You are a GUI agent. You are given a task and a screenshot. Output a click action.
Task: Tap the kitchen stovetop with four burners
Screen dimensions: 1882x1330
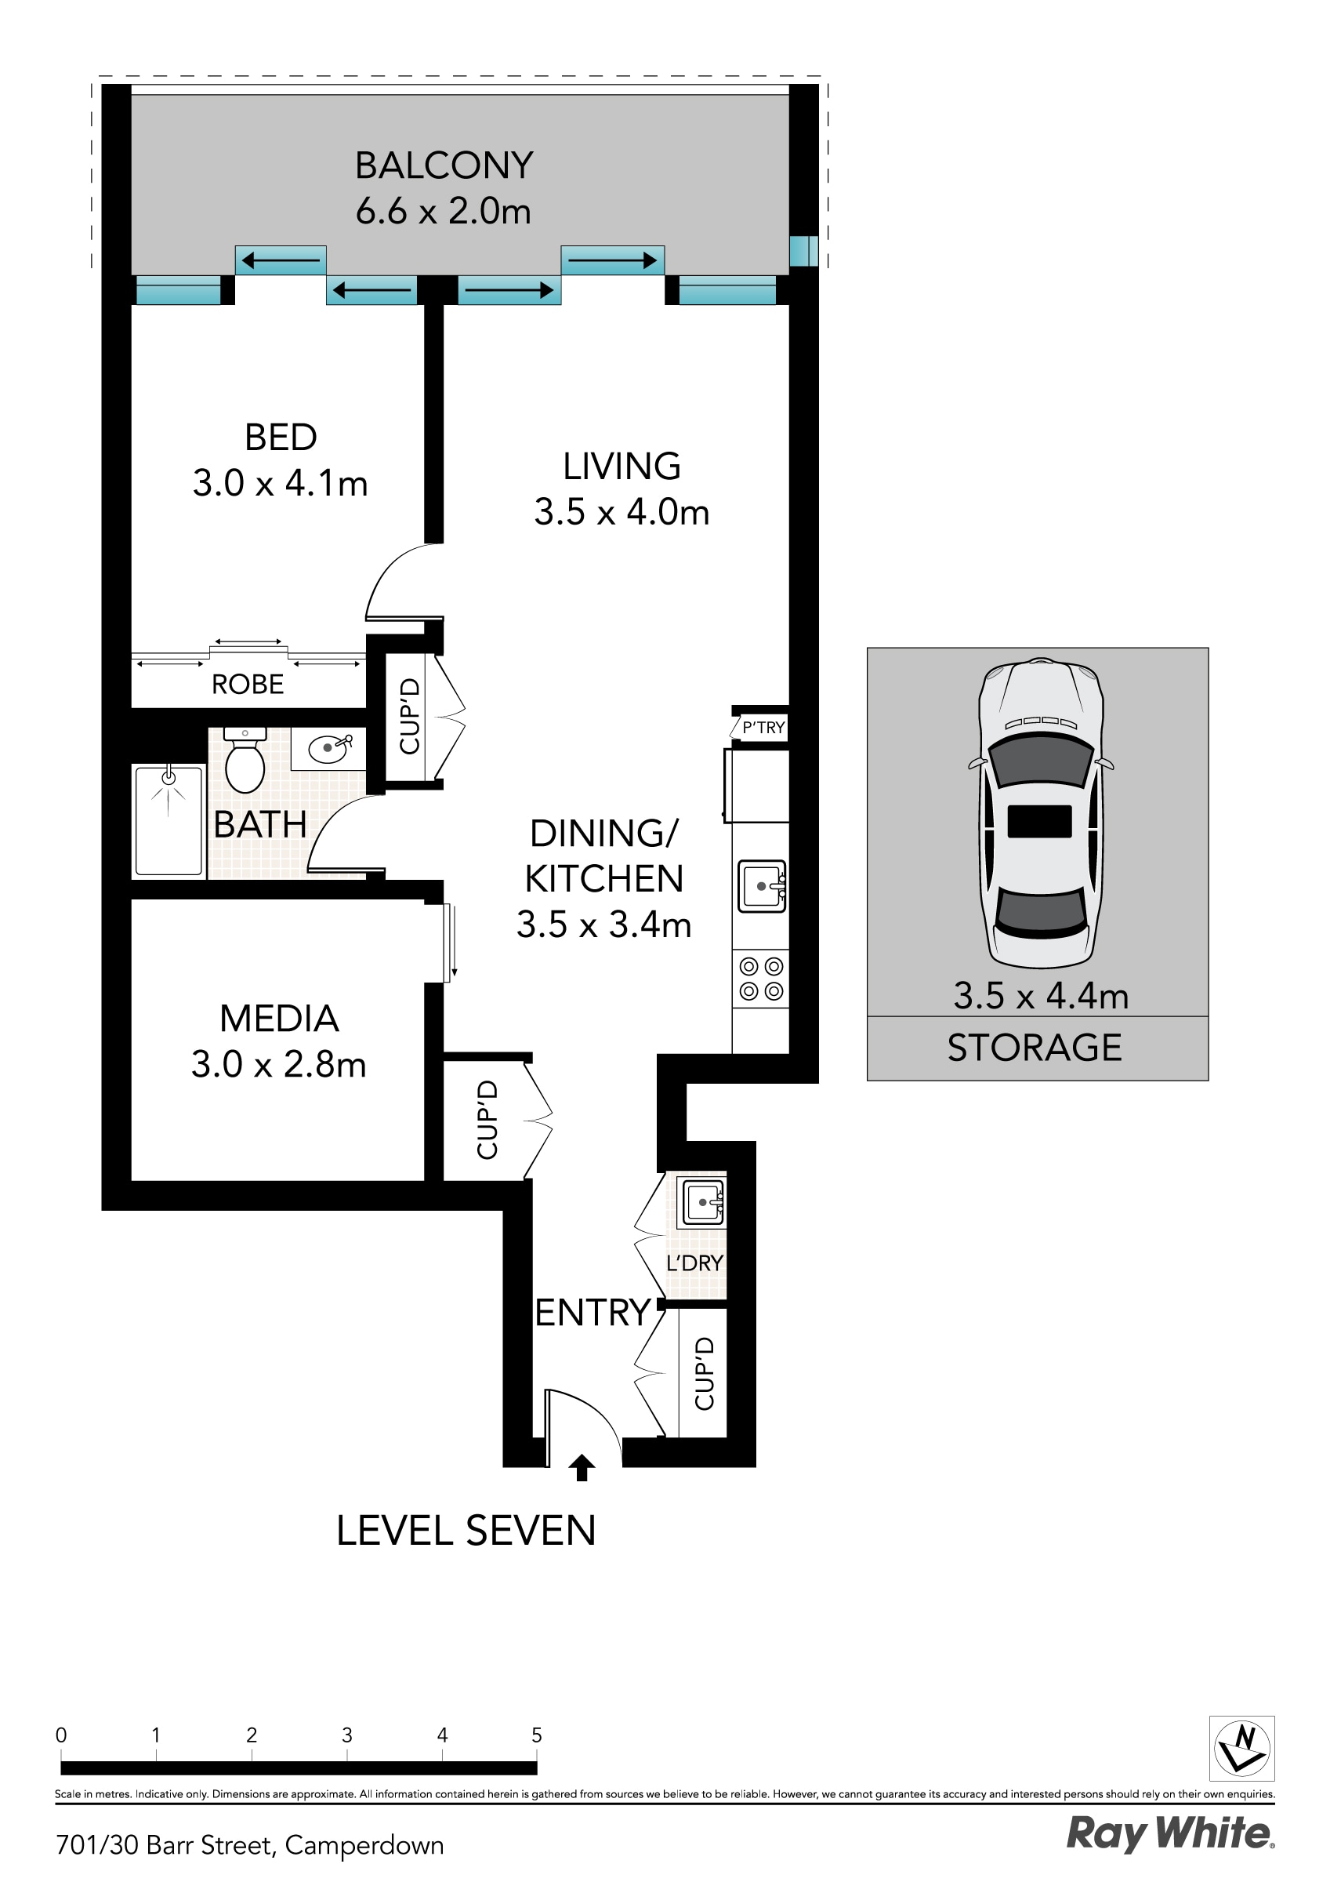click(x=760, y=979)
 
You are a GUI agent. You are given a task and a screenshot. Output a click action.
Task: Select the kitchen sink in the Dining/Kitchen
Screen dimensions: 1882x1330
click(x=761, y=886)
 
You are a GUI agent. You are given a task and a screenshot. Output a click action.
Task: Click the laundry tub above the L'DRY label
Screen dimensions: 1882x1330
click(x=703, y=1202)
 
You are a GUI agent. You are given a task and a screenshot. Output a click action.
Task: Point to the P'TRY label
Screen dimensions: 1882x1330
click(x=763, y=727)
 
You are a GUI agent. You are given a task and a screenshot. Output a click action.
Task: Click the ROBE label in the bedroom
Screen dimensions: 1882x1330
click(x=248, y=685)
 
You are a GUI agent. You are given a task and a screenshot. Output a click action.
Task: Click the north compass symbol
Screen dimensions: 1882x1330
click(x=1241, y=1749)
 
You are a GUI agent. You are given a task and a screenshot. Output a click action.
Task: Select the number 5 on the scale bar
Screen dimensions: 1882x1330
click(x=537, y=1735)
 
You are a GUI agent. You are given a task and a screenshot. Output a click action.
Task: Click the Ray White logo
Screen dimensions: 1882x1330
click(x=1169, y=1834)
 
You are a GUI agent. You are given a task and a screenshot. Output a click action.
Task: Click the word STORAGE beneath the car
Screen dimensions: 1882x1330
click(x=1035, y=1048)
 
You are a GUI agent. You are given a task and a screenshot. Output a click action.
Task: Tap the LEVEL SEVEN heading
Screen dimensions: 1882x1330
click(x=466, y=1531)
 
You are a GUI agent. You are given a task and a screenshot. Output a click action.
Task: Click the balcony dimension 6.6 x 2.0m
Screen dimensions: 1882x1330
click(x=444, y=212)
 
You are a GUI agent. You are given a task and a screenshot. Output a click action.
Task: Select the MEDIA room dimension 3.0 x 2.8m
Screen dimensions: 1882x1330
click(x=279, y=1065)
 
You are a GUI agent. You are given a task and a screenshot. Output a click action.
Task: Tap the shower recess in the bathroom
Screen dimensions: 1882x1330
click(x=168, y=819)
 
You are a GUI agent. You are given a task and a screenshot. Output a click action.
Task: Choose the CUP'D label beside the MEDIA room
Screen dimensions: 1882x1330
click(x=487, y=1120)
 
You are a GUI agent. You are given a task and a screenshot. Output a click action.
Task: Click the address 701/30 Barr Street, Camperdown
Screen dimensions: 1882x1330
click(x=250, y=1845)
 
